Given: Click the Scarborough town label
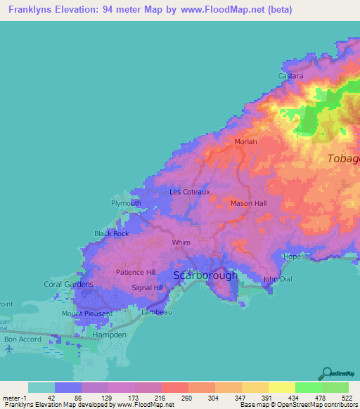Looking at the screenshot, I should click(x=205, y=275).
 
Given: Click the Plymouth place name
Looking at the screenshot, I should click(x=127, y=203).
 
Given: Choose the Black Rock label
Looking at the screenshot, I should click(x=111, y=233).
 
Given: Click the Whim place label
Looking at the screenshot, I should click(x=181, y=242).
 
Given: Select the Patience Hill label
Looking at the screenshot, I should click(x=135, y=272).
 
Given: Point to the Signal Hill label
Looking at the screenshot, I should click(x=147, y=288).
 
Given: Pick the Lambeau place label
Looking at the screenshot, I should click(x=155, y=311).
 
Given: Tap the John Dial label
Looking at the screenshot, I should click(x=276, y=279).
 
